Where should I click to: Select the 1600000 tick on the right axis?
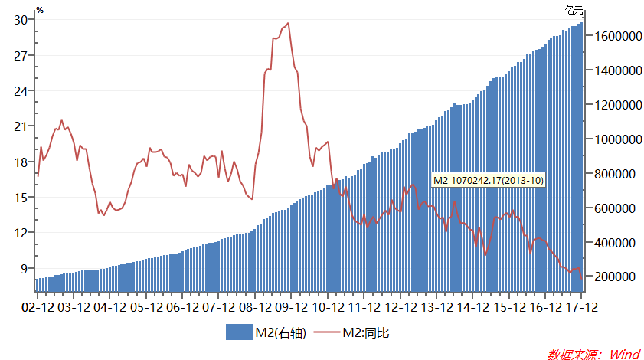click(x=613, y=36)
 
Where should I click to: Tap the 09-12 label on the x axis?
click(x=291, y=308)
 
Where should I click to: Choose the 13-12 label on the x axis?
click(x=436, y=308)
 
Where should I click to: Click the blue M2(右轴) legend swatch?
click(x=240, y=332)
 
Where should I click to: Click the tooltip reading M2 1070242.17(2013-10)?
click(x=488, y=180)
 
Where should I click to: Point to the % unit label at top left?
click(x=40, y=10)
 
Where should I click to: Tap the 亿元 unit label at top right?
click(x=574, y=10)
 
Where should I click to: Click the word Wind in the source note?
click(x=623, y=354)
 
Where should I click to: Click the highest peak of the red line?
click(x=288, y=23)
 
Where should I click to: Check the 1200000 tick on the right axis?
click(x=613, y=105)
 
